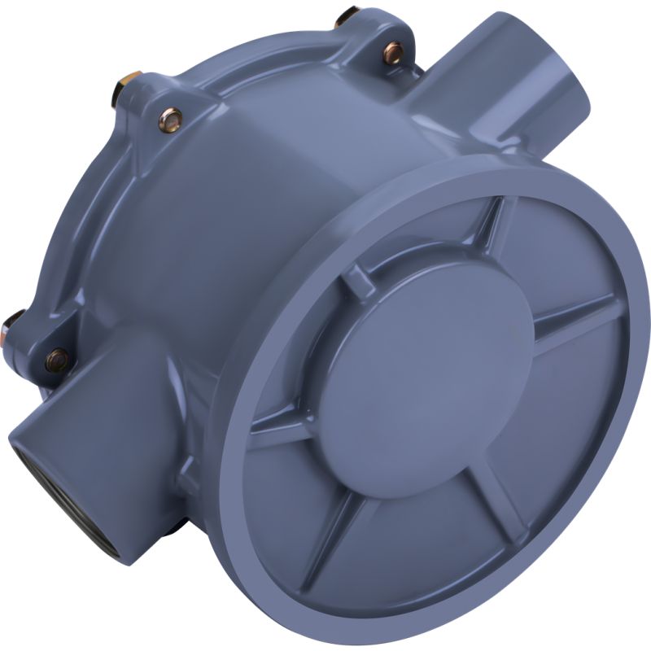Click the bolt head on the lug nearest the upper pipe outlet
pos(393,53)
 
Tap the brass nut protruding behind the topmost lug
pos(347,14)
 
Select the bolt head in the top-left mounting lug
pos(170,120)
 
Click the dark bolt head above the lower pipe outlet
pos(56,358)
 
